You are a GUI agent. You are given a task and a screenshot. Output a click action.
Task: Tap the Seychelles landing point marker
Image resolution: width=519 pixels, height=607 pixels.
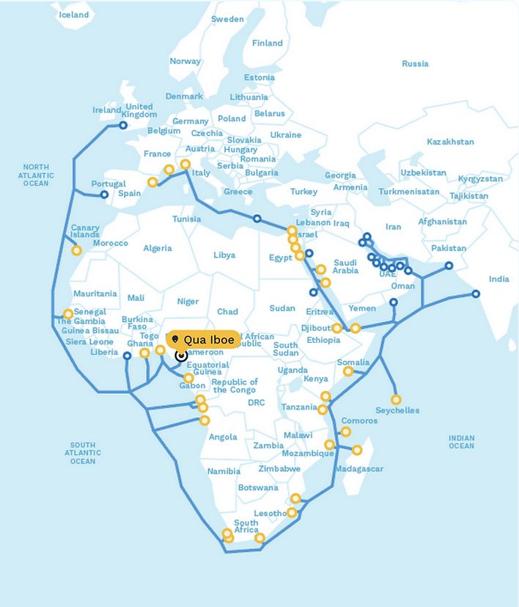(396, 400)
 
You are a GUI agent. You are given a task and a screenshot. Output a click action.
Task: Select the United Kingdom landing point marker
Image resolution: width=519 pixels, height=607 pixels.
(123, 126)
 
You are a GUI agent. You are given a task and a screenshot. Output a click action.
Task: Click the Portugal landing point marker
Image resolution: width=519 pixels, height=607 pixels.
(104, 195)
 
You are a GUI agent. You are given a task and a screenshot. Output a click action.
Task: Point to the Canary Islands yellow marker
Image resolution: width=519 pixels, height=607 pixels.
(76, 250)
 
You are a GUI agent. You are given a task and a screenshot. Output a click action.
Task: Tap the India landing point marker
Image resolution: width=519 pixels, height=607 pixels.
(476, 294)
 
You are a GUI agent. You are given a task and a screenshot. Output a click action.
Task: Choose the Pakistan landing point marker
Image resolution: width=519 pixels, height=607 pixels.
(449, 266)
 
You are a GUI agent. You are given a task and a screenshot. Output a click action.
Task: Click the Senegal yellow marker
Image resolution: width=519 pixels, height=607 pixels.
(68, 314)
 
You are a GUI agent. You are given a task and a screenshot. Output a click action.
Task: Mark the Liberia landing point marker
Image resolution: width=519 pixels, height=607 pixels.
(127, 356)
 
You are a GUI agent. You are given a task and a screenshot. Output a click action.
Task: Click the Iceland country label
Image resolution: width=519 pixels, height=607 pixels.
(73, 15)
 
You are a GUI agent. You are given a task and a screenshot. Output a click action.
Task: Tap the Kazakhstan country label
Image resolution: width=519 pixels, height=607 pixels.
(450, 142)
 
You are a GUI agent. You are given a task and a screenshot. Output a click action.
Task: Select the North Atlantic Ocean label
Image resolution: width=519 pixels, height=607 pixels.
(35, 175)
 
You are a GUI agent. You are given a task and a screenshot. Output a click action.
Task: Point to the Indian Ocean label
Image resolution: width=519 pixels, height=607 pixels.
(461, 441)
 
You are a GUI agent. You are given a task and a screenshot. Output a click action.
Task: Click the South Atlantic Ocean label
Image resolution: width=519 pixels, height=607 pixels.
(83, 453)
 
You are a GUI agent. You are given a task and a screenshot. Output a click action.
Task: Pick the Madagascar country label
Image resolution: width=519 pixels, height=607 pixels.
(359, 469)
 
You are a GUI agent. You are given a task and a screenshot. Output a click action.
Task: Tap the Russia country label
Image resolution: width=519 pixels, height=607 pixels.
(415, 64)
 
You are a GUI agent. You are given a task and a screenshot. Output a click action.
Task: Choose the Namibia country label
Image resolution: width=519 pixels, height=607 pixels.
(224, 471)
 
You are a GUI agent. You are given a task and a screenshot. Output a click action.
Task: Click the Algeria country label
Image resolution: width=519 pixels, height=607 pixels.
(158, 248)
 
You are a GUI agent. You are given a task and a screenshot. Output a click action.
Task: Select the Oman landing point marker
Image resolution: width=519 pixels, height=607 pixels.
(394, 302)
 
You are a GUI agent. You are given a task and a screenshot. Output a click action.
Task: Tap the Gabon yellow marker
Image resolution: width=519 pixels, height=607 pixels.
(188, 378)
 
